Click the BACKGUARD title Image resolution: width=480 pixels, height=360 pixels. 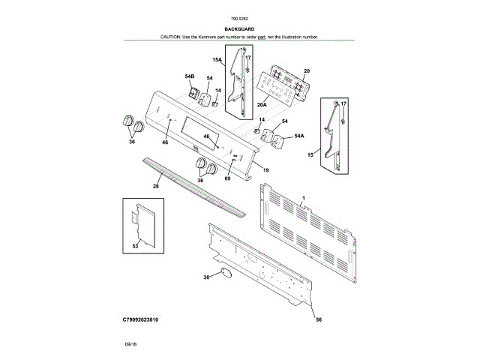pyautogui.click(x=239, y=29)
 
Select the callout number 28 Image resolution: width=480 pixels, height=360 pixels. pyautogui.click(x=156, y=185)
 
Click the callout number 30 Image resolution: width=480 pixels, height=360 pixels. pyautogui.click(x=206, y=278)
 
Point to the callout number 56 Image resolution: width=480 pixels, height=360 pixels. pyautogui.click(x=318, y=320)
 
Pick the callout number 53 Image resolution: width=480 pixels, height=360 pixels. pyautogui.click(x=135, y=245)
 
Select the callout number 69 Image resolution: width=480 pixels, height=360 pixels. pyautogui.click(x=228, y=178)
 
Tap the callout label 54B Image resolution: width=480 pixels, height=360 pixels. pyautogui.click(x=189, y=76)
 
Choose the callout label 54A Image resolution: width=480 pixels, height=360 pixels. pyautogui.click(x=298, y=136)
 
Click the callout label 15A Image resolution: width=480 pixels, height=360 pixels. pyautogui.click(x=217, y=58)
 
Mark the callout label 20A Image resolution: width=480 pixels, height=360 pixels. pyautogui.click(x=263, y=105)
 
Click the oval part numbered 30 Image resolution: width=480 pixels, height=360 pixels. pyautogui.click(x=223, y=274)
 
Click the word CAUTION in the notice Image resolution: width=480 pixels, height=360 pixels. pyautogui.click(x=172, y=37)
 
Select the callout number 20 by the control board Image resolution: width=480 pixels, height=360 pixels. pyautogui.click(x=306, y=70)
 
